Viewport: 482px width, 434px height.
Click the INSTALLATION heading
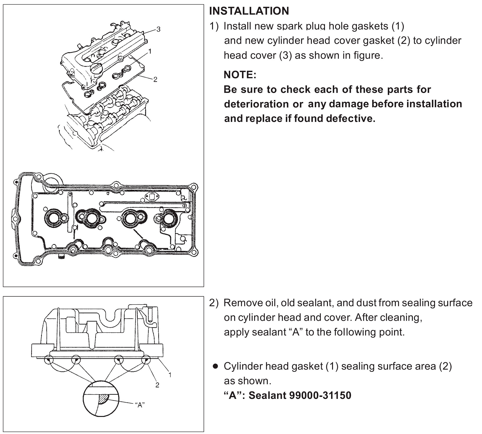(249, 11)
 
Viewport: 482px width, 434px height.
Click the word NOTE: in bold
(240, 75)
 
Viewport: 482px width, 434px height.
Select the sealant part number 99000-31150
(320, 395)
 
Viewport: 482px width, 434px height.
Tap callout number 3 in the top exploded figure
(158, 29)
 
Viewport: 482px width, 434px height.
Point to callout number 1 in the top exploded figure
(150, 51)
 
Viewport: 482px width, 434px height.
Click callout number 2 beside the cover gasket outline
(155, 79)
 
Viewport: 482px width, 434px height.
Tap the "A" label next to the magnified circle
(140, 405)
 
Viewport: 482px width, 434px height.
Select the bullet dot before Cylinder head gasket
(215, 366)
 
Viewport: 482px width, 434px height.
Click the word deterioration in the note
(256, 104)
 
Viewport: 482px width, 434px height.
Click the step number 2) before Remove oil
(214, 303)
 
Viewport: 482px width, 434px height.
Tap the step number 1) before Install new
(214, 26)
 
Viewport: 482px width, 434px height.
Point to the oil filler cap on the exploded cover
(96, 68)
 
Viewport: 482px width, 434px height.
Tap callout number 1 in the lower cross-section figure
(170, 375)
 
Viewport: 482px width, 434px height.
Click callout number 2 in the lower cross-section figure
(157, 385)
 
